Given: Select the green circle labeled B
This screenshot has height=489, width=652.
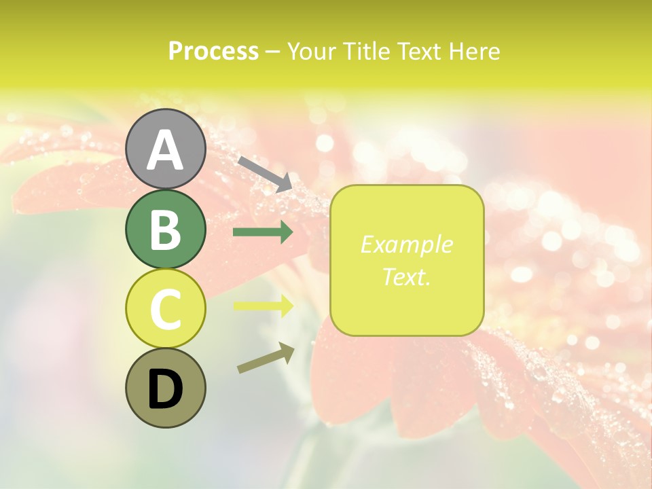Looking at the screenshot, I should [165, 229].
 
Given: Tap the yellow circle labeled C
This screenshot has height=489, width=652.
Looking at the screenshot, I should [165, 308].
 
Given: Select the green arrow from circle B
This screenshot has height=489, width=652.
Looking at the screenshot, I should [263, 232].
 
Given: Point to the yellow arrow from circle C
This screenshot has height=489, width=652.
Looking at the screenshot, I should [263, 306].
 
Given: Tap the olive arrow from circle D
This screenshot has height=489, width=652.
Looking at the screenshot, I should [266, 358].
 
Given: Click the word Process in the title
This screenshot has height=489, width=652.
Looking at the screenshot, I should [213, 52].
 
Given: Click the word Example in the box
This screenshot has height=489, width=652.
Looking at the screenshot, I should [406, 244].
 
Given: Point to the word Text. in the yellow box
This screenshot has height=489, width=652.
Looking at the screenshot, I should [406, 276].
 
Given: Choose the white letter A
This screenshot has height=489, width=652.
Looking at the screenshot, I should [165, 150].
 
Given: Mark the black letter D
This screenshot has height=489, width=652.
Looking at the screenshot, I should [165, 389].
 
